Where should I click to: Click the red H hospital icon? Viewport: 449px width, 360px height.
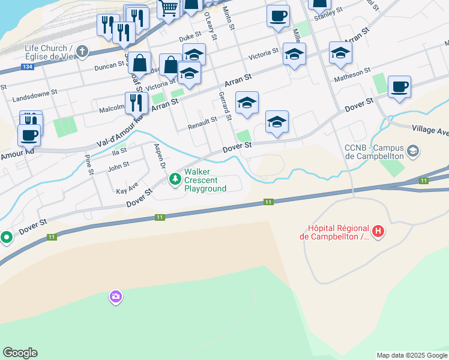click(x=378, y=231)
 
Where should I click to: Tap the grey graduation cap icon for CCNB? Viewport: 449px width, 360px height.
click(x=413, y=150)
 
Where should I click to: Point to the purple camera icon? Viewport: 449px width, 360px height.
click(x=115, y=296)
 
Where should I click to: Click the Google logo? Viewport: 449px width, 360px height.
click(x=20, y=353)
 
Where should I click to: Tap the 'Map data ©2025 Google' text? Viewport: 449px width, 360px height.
click(x=412, y=355)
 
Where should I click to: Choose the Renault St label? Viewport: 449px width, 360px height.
click(x=202, y=120)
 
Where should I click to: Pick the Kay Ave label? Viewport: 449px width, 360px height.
click(x=127, y=188)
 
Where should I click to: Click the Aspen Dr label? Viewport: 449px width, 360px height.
click(x=160, y=155)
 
